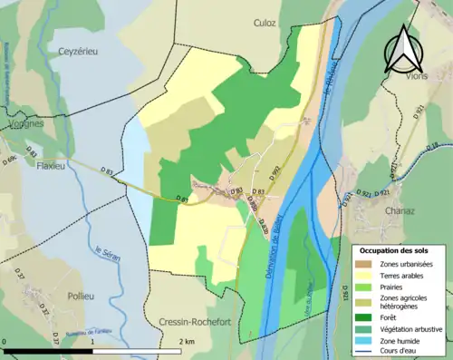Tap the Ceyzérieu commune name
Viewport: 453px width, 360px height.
(79, 52)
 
